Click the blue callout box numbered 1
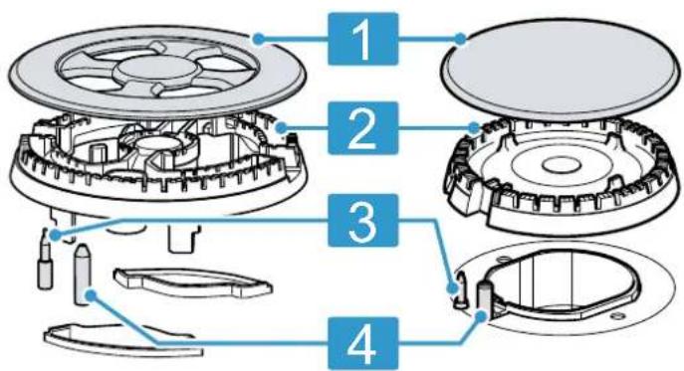[x=363, y=39]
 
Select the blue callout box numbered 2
[x=363, y=127]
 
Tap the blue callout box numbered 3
[x=363, y=221]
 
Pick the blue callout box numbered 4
[x=363, y=344]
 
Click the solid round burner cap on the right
[x=561, y=70]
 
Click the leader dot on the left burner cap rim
[x=258, y=40]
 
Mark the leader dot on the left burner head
[x=282, y=128]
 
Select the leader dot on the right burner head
[x=474, y=127]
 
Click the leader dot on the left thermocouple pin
[x=91, y=296]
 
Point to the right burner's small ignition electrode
[x=460, y=292]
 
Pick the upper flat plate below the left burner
[x=192, y=282]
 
